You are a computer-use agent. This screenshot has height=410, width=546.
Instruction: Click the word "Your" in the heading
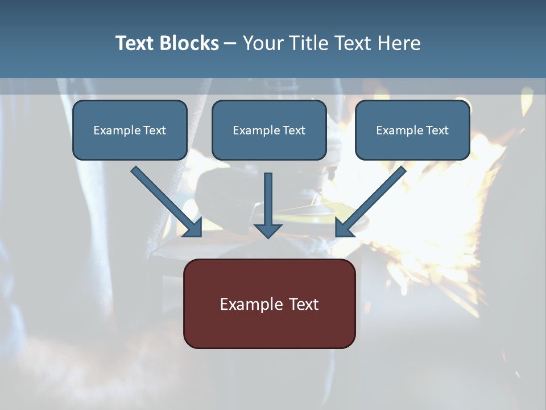[263, 43]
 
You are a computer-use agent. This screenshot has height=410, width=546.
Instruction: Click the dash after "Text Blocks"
[230, 44]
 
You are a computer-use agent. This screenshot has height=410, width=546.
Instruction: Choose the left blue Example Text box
[130, 130]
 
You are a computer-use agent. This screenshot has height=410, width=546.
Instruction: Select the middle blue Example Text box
[269, 130]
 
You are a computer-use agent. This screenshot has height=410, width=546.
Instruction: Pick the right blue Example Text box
[412, 130]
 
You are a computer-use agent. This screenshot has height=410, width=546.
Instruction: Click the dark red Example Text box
[269, 304]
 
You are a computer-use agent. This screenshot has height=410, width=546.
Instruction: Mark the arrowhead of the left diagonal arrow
[193, 227]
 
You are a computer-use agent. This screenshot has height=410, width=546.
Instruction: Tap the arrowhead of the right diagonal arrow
[344, 227]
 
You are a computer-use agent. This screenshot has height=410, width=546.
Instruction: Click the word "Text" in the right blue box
[437, 130]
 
